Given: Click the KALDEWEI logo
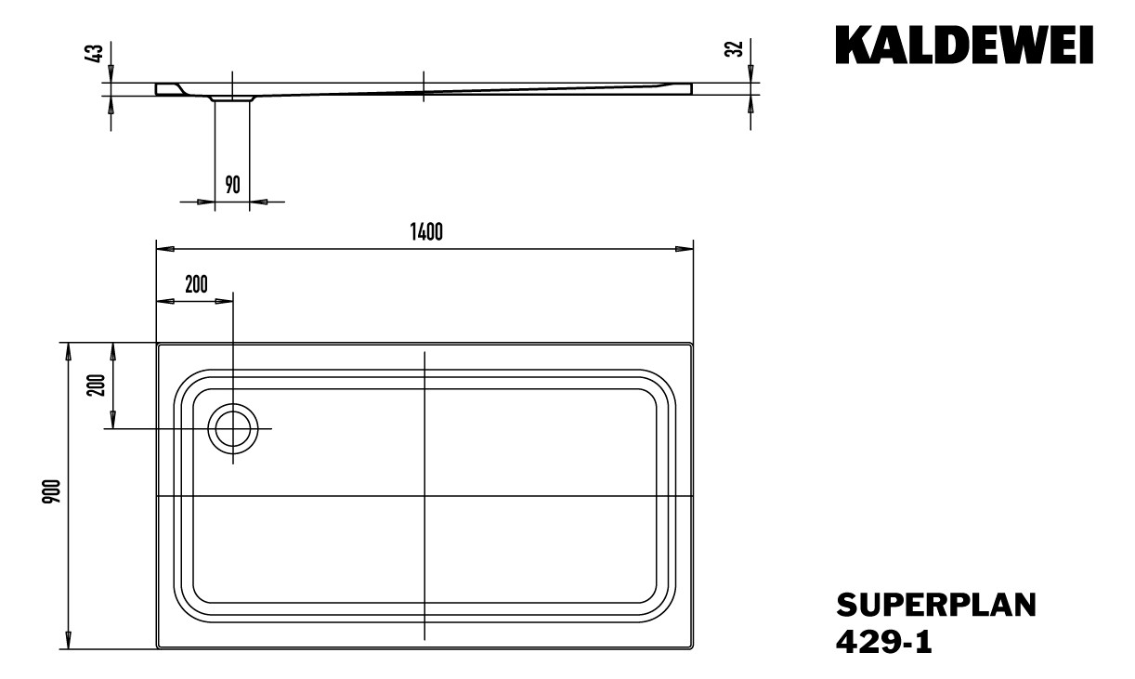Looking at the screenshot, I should (x=964, y=45).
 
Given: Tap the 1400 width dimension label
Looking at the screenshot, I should (x=424, y=232).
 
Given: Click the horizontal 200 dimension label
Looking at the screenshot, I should (x=196, y=285).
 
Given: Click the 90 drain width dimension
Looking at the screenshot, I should (x=232, y=184).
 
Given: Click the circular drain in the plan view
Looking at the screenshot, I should (x=232, y=429).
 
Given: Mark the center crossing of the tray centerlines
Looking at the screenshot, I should (x=424, y=496).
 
